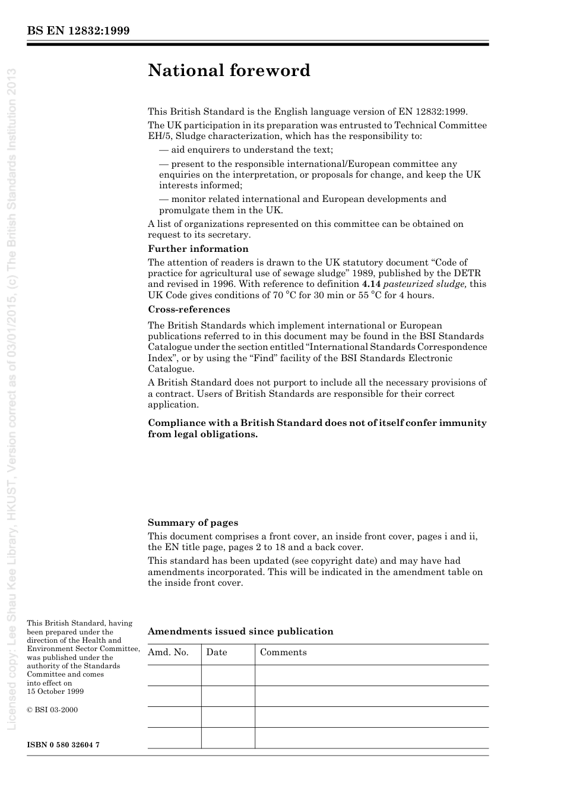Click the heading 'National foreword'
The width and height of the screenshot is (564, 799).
click(x=229, y=71)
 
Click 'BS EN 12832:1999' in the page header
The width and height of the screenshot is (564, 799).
click(x=78, y=31)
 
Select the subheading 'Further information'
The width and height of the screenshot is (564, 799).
click(x=198, y=249)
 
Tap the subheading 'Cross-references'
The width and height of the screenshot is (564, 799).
click(x=189, y=310)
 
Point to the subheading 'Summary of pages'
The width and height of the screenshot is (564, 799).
click(x=193, y=523)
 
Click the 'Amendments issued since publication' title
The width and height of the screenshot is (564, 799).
click(x=240, y=631)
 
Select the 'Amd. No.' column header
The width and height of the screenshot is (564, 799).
click(x=168, y=652)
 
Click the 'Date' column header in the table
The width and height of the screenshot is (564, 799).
click(x=217, y=652)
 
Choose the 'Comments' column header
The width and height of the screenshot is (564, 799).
click(x=283, y=652)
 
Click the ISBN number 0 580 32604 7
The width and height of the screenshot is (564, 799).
click(x=63, y=744)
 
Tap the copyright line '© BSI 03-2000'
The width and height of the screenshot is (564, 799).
click(x=52, y=710)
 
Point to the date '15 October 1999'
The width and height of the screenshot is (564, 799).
click(x=55, y=691)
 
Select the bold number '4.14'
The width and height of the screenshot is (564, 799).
click(x=371, y=284)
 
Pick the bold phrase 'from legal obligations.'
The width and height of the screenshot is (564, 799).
click(x=203, y=434)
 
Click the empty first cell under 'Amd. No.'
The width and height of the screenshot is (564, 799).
click(x=174, y=675)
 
